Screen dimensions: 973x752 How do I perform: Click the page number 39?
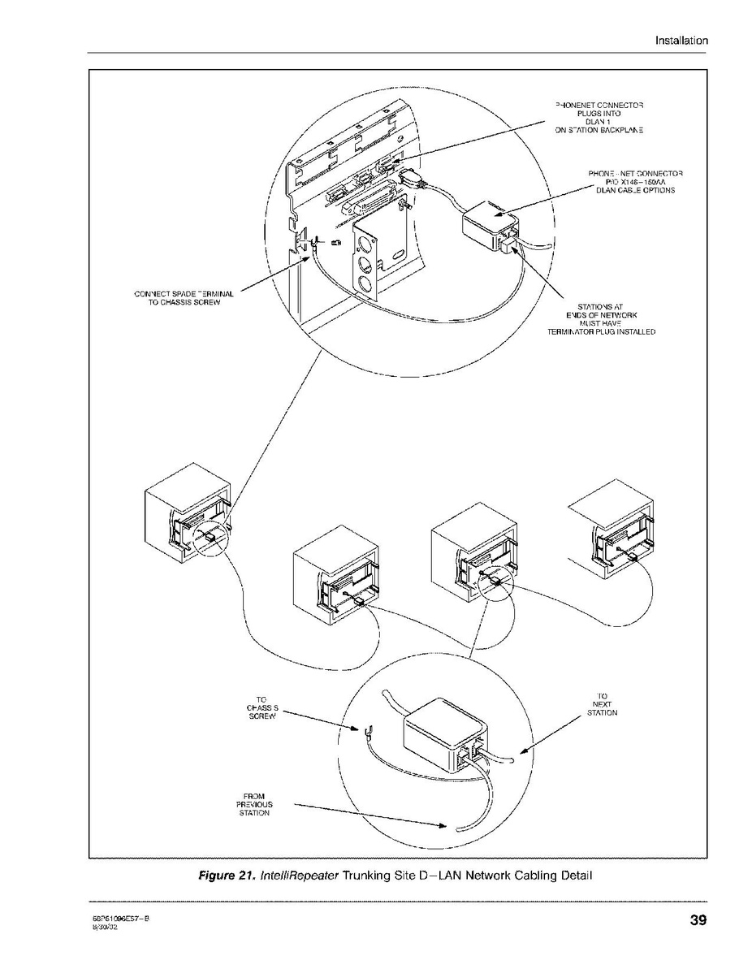[x=698, y=920]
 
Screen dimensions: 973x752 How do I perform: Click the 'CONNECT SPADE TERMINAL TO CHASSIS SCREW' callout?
[x=184, y=298]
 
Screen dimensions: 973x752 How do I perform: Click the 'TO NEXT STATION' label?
[x=602, y=704]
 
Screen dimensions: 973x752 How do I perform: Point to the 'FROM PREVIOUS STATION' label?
[x=253, y=804]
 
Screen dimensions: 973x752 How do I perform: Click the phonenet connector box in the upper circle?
[x=491, y=224]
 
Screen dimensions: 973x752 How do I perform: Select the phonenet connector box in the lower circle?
[x=445, y=733]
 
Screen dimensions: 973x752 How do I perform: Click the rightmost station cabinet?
[x=612, y=531]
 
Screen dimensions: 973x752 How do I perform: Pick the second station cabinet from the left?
[x=334, y=576]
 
